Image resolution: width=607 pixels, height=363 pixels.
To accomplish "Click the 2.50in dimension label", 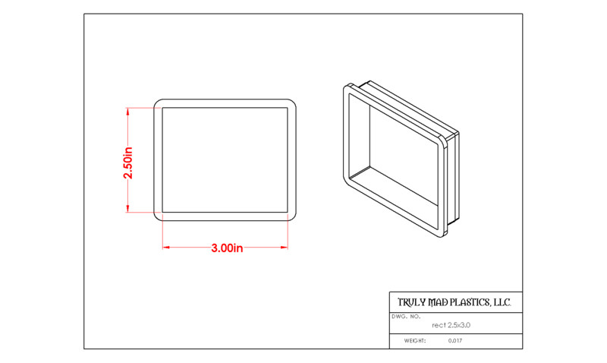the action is point(128,163).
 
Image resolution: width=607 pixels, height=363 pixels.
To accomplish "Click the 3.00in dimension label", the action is point(227,248).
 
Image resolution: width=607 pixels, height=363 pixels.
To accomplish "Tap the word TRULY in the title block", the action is point(411,302).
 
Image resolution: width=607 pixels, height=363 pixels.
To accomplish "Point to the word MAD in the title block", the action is point(439,302).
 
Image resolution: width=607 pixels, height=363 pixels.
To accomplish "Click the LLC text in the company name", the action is point(502,302).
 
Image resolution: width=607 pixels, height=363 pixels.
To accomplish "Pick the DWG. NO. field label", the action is point(406,317).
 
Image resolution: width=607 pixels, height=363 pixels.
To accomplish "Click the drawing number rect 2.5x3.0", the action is point(451,325).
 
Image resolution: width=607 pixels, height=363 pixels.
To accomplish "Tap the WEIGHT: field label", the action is point(415,341).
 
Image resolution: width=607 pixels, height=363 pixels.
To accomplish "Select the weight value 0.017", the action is point(455,341).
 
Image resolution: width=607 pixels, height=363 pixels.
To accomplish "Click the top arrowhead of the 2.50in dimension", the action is point(127,112).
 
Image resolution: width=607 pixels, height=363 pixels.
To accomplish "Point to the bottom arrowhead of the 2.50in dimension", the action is point(127,208).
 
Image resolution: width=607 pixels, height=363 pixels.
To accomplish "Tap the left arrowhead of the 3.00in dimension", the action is point(166,247).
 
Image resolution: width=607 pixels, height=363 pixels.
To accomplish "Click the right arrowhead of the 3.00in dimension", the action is point(284,247).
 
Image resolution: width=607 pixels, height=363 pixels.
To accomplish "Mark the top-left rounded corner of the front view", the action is point(156,102).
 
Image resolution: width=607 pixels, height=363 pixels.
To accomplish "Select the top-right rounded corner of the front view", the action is point(294,102).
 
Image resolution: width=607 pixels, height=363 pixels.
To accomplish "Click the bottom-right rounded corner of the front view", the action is point(294,218).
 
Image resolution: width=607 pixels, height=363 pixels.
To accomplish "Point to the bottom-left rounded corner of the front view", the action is point(156,218).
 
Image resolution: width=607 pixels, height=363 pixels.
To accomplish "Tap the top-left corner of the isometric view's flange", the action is point(346,87).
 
